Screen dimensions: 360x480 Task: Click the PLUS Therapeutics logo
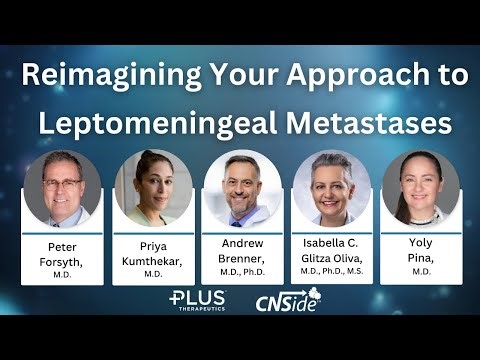pos(198,300)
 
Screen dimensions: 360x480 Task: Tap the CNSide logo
pos(287,301)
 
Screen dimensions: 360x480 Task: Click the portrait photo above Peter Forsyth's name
pos(62,188)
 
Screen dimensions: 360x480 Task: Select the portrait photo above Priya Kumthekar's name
pos(153,188)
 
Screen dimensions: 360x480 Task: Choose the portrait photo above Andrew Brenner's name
pos(242,188)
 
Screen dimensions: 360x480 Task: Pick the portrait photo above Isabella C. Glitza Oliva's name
pos(331,188)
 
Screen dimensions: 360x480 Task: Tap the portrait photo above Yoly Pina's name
pos(420,188)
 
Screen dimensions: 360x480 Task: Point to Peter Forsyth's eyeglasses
pos(62,182)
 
